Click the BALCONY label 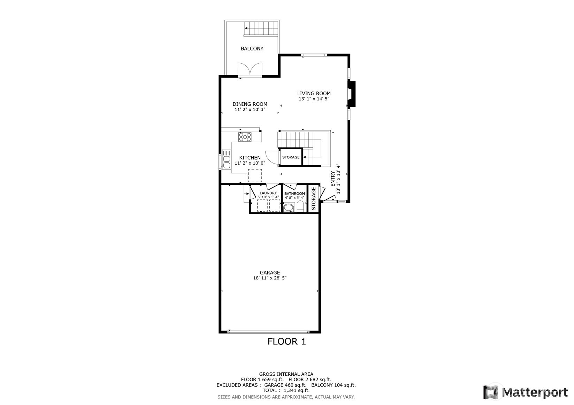(x=252, y=49)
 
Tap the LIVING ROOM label (x=314, y=94)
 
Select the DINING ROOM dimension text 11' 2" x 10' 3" (x=250, y=110)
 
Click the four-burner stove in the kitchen (x=245, y=137)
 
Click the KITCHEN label (x=250, y=158)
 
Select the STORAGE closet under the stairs (x=291, y=157)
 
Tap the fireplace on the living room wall (x=351, y=94)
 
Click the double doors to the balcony (x=250, y=69)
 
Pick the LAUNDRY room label (x=268, y=193)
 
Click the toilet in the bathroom (x=300, y=206)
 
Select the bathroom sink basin (x=289, y=207)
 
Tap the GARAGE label (x=270, y=273)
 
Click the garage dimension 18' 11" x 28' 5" (x=270, y=278)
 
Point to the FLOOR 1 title (x=287, y=341)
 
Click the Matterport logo (x=526, y=392)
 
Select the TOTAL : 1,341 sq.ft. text (x=286, y=390)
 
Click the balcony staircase (x=261, y=29)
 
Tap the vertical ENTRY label (x=333, y=179)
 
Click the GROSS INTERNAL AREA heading (x=286, y=374)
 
